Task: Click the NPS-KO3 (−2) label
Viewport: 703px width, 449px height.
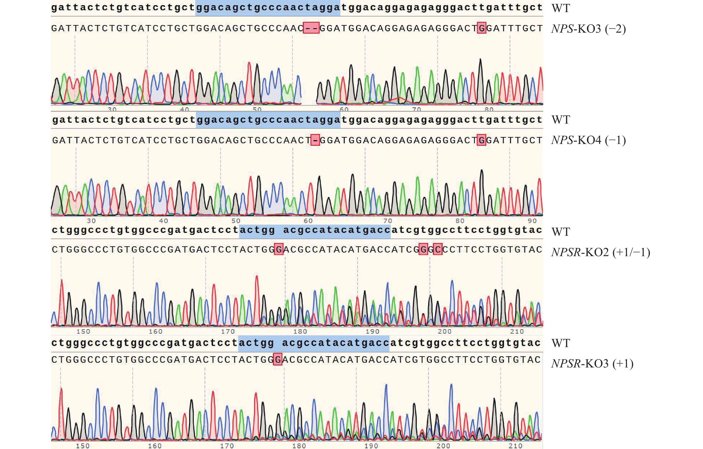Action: pos(588,29)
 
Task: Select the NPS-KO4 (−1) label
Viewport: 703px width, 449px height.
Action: pos(588,140)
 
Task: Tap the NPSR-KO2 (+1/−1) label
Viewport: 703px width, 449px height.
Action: pos(601,252)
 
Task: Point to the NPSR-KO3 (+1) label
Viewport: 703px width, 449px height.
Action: pos(592,364)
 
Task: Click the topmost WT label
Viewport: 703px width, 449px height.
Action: pos(561,8)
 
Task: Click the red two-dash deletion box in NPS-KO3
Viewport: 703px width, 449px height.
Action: pos(311,28)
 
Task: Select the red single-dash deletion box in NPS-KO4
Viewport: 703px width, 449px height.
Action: pos(315,140)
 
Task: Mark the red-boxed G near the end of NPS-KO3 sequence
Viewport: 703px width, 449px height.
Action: pos(481,28)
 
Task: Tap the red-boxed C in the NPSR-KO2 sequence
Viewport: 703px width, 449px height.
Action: pos(438,249)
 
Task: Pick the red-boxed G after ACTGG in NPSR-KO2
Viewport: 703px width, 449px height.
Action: pos(279,249)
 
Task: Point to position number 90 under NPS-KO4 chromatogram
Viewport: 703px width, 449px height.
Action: pos(532,221)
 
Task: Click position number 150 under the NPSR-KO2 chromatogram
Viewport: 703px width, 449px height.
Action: pos(83,331)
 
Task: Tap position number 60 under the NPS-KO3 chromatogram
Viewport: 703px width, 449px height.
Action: pos(344,109)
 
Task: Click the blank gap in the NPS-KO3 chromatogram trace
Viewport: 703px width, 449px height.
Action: pos(309,88)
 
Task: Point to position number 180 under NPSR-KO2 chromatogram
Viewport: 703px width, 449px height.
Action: pos(300,331)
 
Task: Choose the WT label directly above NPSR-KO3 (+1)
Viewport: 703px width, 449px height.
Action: pos(561,343)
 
